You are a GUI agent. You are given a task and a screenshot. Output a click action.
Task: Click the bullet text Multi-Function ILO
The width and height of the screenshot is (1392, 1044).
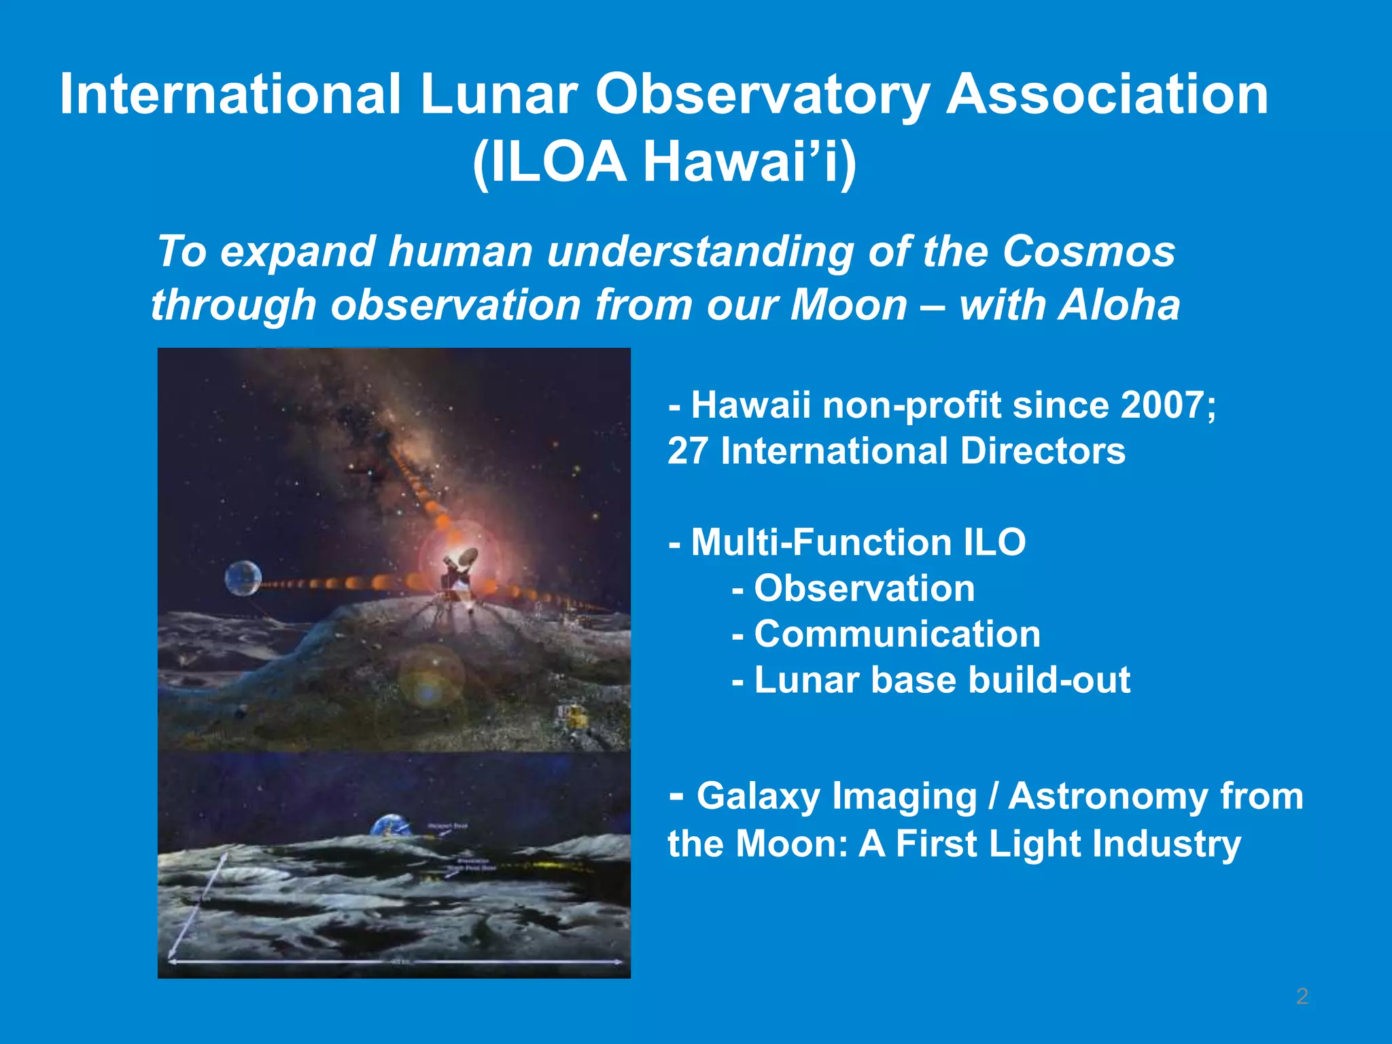coord(858,542)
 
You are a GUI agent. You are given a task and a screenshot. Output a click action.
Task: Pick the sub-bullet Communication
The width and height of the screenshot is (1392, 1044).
coord(897,634)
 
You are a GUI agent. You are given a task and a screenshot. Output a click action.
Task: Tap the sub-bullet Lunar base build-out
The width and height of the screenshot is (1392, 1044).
coord(941,680)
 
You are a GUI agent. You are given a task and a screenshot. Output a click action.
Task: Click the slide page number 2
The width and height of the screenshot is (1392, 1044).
coord(1302,996)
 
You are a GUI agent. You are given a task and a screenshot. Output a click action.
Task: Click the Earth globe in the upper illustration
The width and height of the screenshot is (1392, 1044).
coord(243,578)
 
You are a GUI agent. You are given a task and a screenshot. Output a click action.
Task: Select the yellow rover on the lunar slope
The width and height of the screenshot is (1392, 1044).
coord(575,715)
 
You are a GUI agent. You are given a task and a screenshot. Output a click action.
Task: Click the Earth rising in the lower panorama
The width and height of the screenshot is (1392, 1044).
coord(389,826)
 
